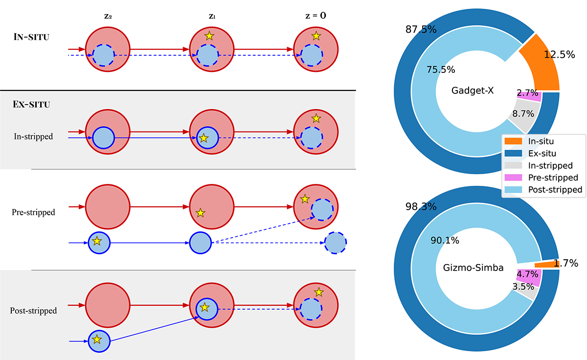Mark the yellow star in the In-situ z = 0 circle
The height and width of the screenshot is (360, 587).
316,36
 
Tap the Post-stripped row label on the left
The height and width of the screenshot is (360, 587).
33,311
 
